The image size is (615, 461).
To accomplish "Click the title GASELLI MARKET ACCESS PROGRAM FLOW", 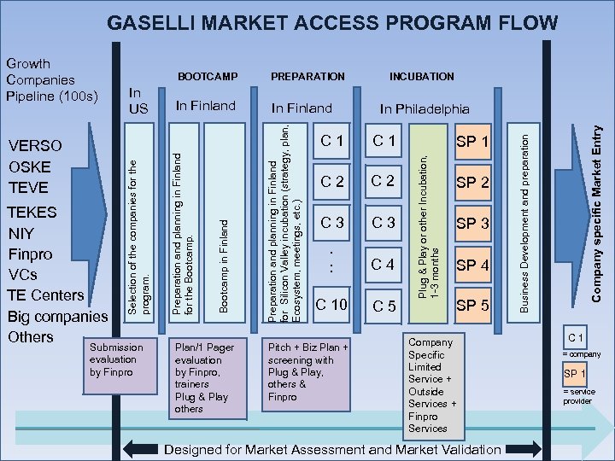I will (333, 23).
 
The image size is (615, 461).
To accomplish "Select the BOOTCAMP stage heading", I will (207, 77).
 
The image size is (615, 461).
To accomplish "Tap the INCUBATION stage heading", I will (421, 77).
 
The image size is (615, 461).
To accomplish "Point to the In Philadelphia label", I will (425, 108).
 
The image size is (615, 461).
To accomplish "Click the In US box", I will (138, 101).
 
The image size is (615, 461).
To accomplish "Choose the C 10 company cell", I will (331, 305).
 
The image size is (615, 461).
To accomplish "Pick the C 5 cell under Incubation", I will (381, 306).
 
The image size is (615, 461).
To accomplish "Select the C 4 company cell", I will (381, 265).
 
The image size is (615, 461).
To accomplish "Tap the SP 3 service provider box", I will (472, 224).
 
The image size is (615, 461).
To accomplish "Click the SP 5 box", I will (472, 306).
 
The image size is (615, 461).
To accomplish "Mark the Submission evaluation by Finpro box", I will (115, 361).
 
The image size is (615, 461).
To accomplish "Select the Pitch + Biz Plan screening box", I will (307, 373).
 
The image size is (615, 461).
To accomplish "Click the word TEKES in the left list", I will (32, 212).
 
